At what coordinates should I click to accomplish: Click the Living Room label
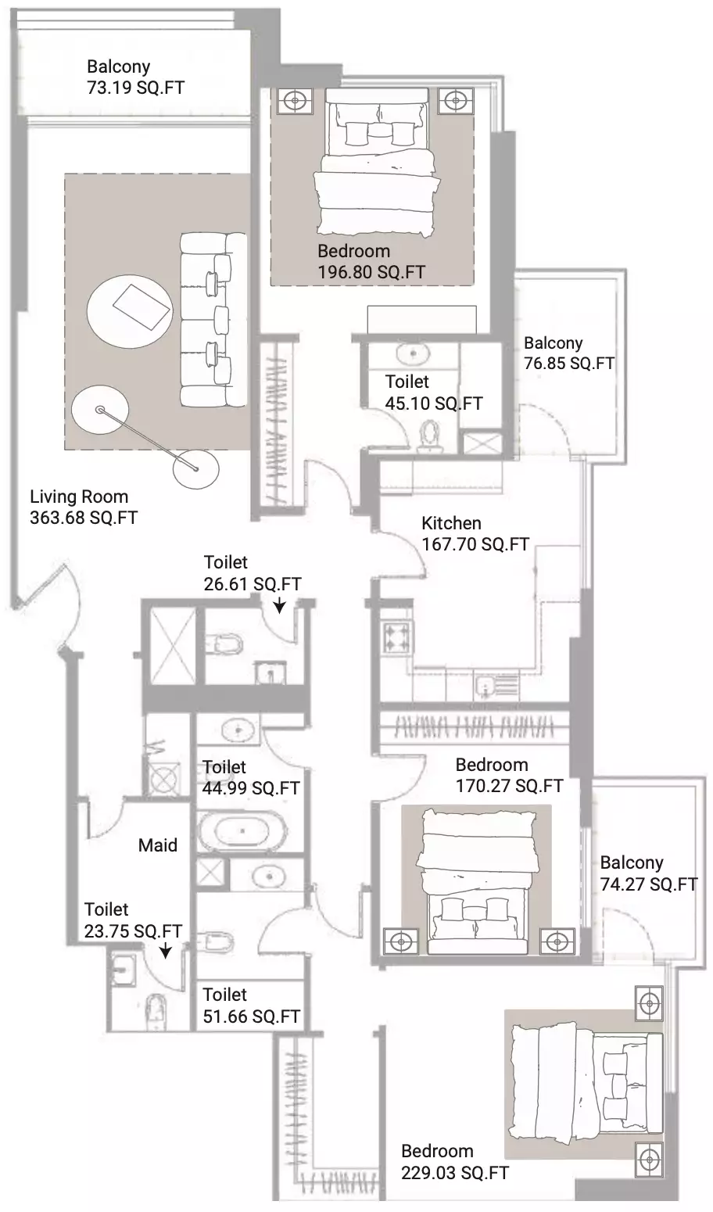(79, 497)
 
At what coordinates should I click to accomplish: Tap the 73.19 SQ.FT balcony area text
(136, 88)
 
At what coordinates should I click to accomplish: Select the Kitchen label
(451, 523)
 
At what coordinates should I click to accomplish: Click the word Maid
(158, 845)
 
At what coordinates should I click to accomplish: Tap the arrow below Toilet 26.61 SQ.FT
(279, 605)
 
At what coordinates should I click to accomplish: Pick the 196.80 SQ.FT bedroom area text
(371, 272)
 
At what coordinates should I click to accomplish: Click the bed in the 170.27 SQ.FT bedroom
(478, 880)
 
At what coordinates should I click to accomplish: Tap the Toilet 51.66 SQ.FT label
(251, 1006)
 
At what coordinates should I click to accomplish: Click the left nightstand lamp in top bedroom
(295, 100)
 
